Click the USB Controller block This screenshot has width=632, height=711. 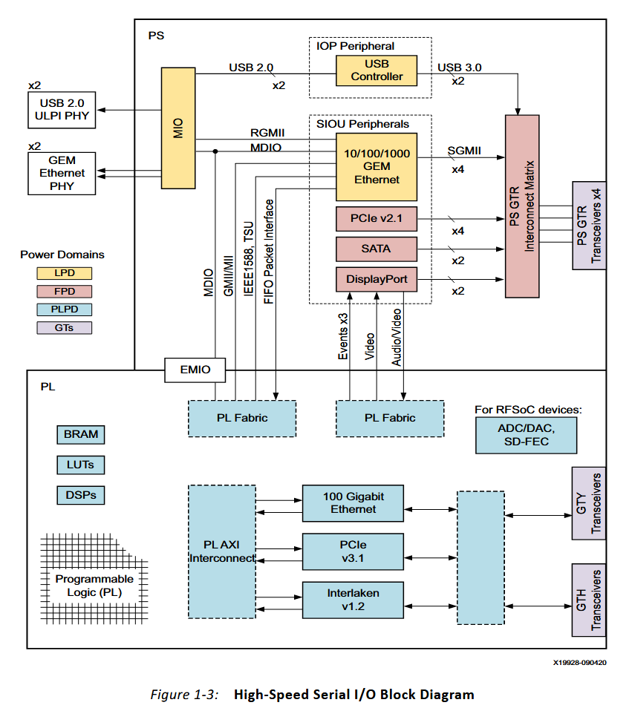click(377, 71)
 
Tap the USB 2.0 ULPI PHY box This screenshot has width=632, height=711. click(62, 109)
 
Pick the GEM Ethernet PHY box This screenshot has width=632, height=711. click(62, 173)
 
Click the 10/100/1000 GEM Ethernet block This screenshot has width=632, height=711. click(377, 167)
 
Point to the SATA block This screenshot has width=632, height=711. click(377, 249)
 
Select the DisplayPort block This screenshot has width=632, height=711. click(377, 280)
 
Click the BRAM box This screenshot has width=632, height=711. click(80, 435)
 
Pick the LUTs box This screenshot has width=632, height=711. click(80, 465)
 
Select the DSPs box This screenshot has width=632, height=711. click(80, 494)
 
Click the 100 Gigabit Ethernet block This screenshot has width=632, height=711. click(354, 502)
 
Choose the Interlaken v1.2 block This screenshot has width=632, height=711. click(354, 600)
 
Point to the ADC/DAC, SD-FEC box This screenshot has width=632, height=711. click(526, 436)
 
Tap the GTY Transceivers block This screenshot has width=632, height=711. click(587, 503)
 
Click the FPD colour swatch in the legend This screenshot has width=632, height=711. click(63, 291)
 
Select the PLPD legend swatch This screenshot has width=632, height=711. click(63, 309)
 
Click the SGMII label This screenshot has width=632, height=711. click(464, 151)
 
